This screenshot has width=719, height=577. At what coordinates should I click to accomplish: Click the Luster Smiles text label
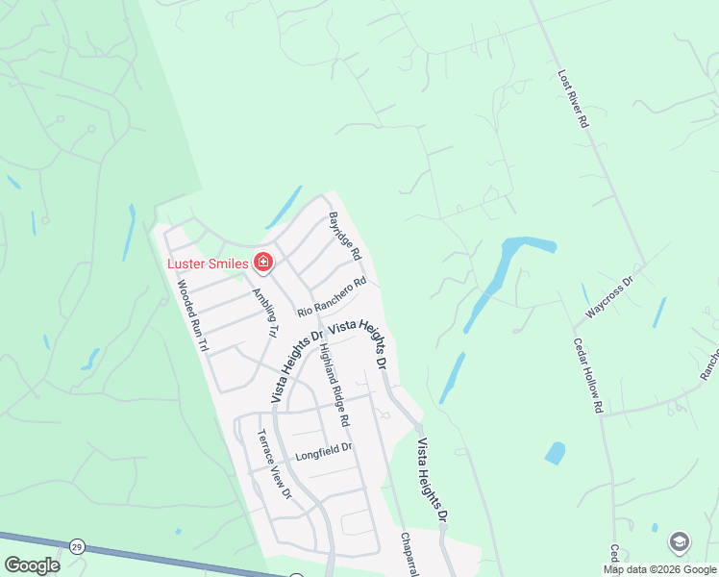coord(208,263)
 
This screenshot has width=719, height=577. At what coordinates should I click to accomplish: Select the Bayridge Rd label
coord(344,237)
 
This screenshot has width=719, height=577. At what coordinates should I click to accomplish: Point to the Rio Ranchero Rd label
coord(332,297)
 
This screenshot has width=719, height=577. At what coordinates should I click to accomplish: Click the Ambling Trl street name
coord(264,313)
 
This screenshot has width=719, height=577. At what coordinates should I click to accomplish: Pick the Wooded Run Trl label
coord(191,317)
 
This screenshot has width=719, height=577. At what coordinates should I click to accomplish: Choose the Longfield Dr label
coord(324,448)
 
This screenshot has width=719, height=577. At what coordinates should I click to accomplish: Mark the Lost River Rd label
coord(572,98)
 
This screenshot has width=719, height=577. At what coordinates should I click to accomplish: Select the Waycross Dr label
coord(610,298)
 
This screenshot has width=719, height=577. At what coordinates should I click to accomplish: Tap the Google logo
coord(32,565)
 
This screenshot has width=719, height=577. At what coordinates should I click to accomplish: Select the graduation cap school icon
coord(680,542)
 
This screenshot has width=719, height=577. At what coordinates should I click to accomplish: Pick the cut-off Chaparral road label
coord(409,555)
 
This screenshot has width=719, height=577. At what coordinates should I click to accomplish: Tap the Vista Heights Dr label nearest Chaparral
coord(432,481)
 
